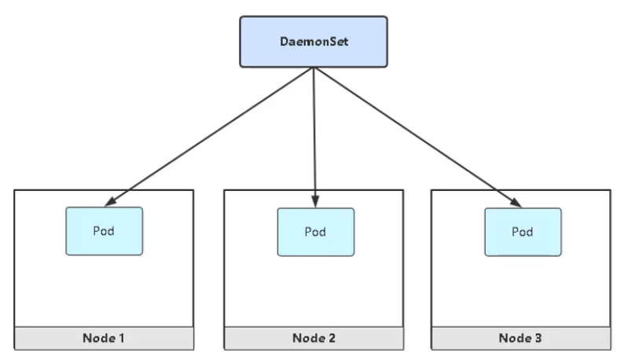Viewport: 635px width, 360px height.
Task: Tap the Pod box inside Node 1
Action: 104,231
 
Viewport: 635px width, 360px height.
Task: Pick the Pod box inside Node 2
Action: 315,232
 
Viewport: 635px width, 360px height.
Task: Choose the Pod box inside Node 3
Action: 523,232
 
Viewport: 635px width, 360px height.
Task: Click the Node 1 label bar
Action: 104,338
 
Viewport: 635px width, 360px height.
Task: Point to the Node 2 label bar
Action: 314,338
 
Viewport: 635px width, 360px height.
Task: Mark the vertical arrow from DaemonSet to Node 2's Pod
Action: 314,134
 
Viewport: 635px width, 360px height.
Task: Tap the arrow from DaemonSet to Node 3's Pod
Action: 417,138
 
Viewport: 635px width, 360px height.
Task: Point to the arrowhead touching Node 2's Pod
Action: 315,203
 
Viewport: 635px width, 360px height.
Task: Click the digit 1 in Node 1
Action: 122,338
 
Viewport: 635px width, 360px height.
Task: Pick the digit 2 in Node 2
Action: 332,338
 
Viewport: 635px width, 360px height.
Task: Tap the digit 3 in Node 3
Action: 541,338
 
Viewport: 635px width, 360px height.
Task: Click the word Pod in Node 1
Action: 104,231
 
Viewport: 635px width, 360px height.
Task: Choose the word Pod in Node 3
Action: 523,232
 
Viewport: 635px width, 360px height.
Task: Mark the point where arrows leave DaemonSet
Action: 314,67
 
